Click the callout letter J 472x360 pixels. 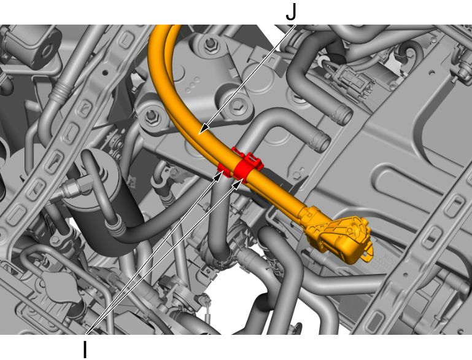(291, 12)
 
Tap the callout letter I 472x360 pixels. (85, 350)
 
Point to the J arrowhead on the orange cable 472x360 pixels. (204, 128)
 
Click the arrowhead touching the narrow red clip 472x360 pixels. (218, 176)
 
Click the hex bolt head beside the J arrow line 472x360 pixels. (238, 104)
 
